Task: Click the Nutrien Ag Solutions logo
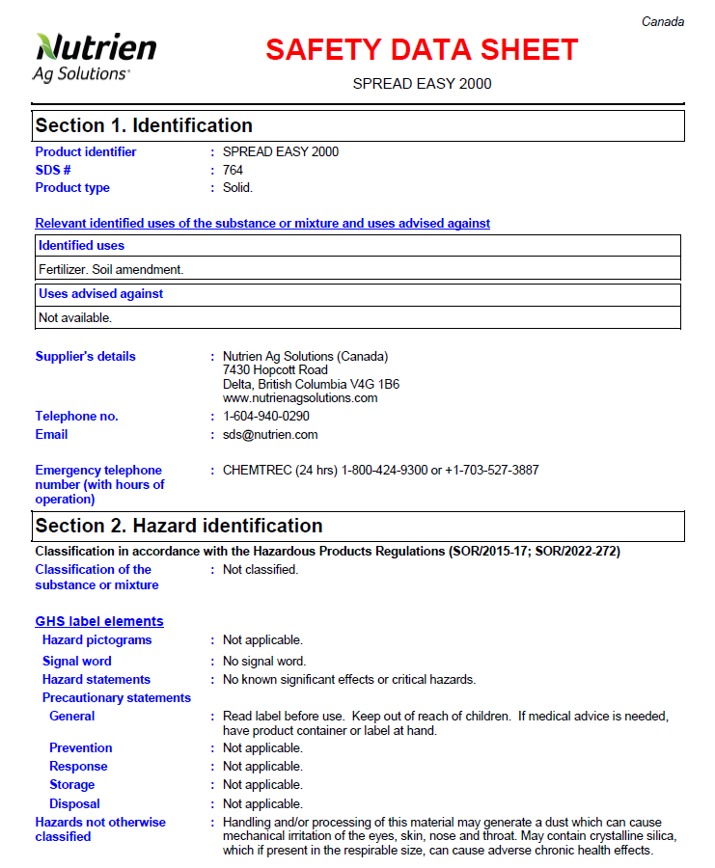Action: pyautogui.click(x=95, y=56)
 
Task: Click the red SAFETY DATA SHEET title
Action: pyautogui.click(x=422, y=49)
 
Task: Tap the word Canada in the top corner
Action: pyautogui.click(x=663, y=22)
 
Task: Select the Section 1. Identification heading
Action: pyautogui.click(x=144, y=125)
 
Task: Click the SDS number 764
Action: pyautogui.click(x=233, y=170)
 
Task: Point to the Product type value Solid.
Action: pyautogui.click(x=237, y=188)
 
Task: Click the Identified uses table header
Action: pyautogui.click(x=81, y=246)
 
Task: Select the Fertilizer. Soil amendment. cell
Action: pyautogui.click(x=111, y=270)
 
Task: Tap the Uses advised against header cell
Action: pyautogui.click(x=100, y=294)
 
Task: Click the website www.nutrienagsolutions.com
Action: pyautogui.click(x=300, y=397)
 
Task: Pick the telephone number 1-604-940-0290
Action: pyautogui.click(x=266, y=417)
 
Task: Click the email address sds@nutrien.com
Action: pyautogui.click(x=270, y=435)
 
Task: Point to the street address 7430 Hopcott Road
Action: pyautogui.click(x=275, y=370)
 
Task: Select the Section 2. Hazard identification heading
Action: pyautogui.click(x=179, y=526)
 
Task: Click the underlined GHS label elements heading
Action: pyautogui.click(x=99, y=621)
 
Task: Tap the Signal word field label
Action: pyautogui.click(x=76, y=662)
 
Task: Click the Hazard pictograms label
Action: pyautogui.click(x=96, y=640)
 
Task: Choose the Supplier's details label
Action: pyautogui.click(x=85, y=357)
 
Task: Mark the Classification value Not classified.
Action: pyautogui.click(x=261, y=570)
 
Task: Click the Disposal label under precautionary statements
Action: pyautogui.click(x=74, y=804)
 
